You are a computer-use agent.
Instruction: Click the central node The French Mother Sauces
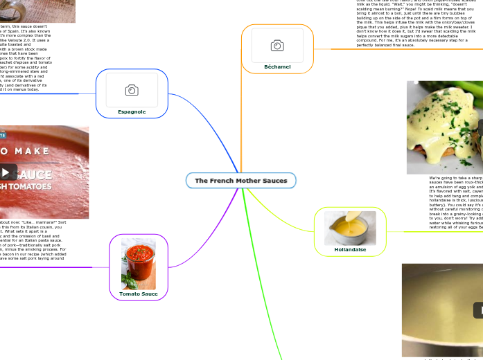241,181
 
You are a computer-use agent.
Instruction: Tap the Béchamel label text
277,66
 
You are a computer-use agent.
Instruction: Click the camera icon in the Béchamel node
277,46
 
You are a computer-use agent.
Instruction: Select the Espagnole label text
132,111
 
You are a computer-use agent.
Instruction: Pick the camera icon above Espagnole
132,90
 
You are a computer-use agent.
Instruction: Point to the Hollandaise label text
350,249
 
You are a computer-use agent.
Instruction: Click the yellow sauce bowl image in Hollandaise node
350,228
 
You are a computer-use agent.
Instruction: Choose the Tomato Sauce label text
139,294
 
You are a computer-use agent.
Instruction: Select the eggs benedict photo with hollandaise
444,128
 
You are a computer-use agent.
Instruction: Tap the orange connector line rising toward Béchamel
241,118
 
